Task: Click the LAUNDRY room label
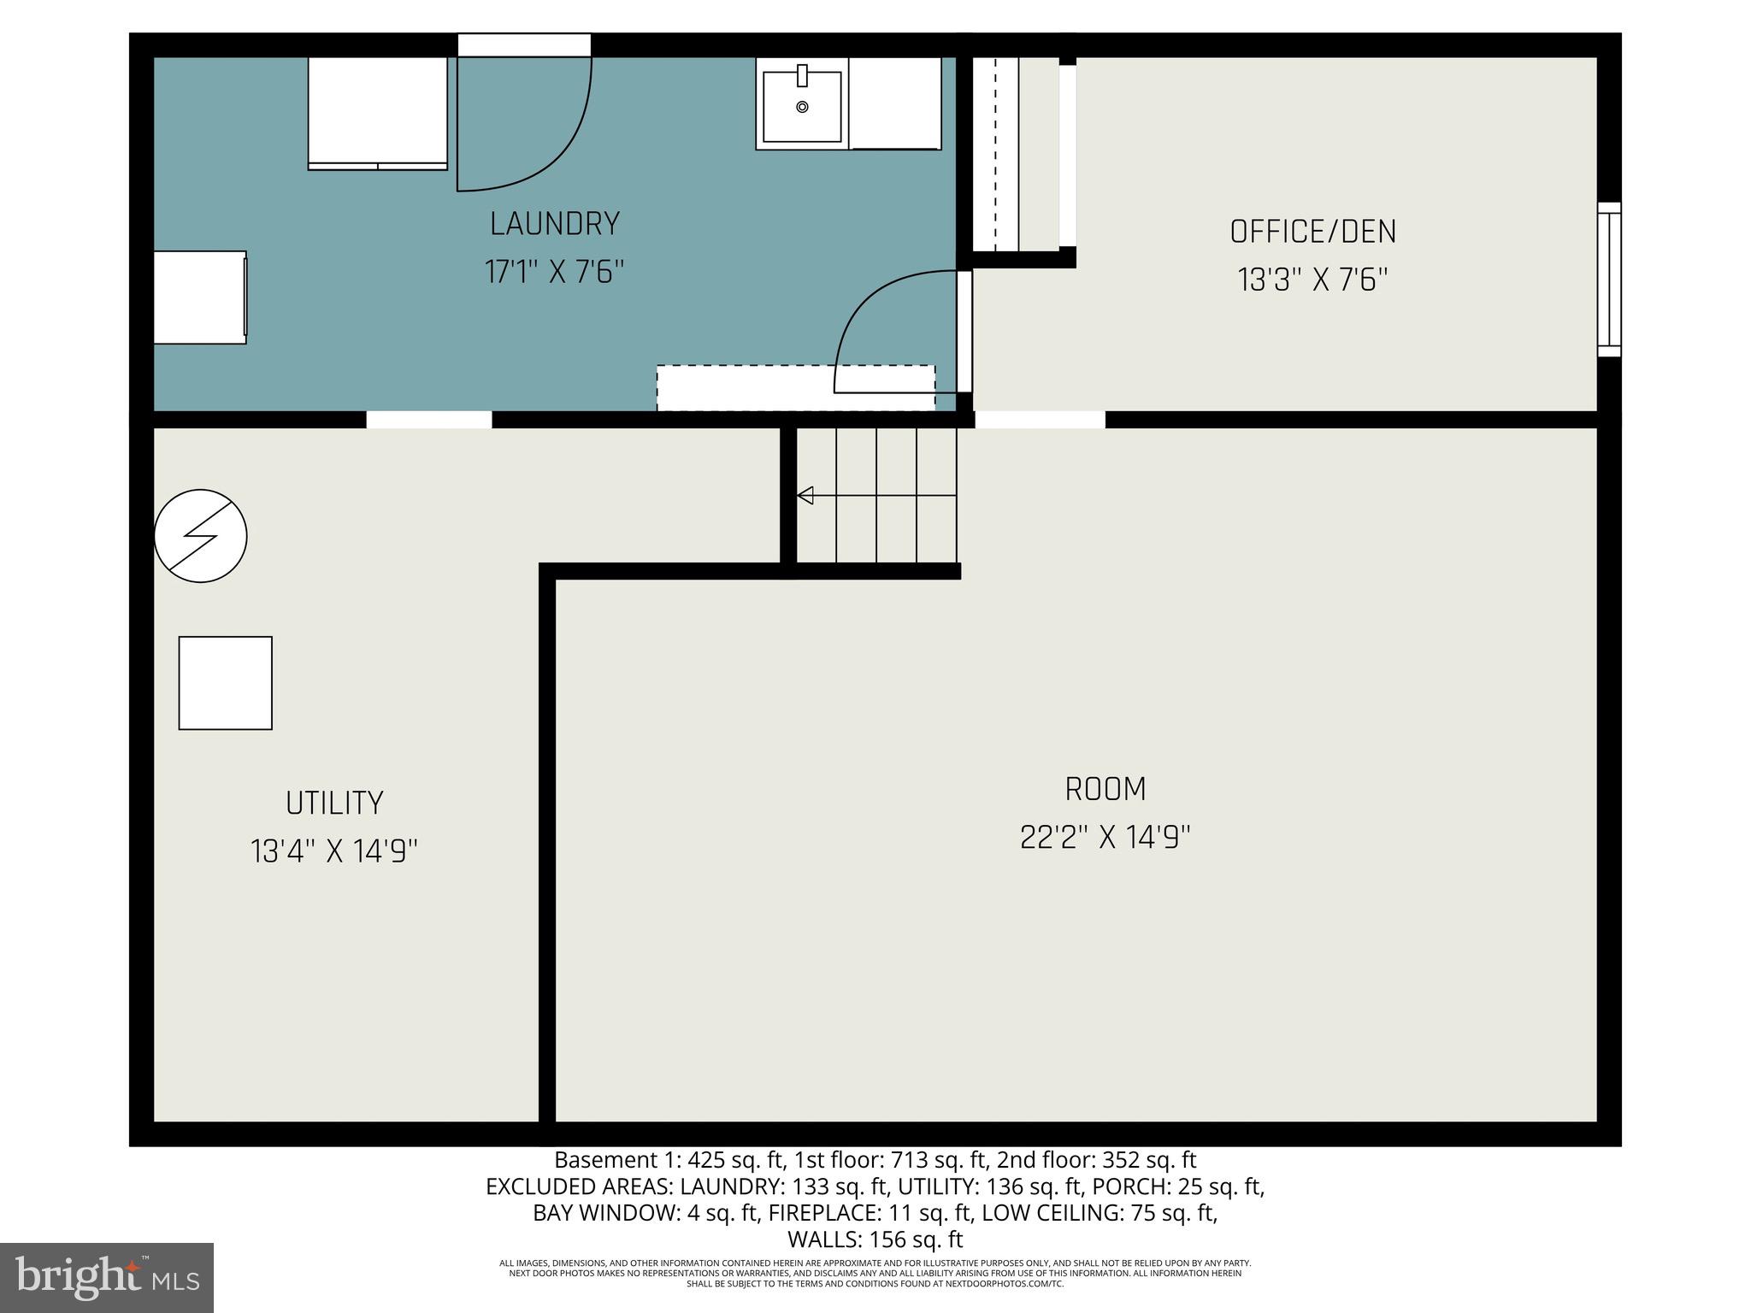554,224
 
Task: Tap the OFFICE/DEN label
1312,232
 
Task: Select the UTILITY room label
334,804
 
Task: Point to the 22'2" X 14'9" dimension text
1105,838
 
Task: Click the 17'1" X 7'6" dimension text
554,273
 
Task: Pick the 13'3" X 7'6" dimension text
1312,280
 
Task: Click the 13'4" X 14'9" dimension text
334,851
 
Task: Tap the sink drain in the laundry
802,107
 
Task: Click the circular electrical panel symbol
201,536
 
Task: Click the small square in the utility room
226,683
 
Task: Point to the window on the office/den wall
1608,280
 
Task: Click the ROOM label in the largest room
1105,789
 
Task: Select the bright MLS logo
107,1277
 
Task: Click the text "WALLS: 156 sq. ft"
875,1239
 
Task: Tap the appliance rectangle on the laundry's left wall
200,297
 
